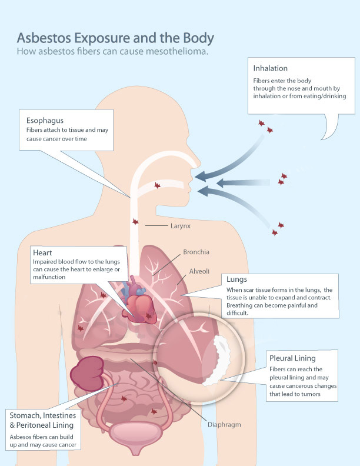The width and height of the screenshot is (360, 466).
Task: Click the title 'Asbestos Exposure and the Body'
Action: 115,38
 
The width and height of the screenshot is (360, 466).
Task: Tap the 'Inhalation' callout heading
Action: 271,68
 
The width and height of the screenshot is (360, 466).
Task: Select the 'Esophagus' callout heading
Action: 45,120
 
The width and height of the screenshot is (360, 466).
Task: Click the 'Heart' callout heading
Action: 43,252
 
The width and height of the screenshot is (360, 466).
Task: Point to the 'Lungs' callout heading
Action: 236,279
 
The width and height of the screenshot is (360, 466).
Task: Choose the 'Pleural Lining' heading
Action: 292,358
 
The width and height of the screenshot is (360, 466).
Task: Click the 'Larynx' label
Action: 181,225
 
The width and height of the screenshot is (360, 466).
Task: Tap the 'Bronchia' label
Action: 196,252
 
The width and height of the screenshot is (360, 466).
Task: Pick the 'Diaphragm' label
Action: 224,424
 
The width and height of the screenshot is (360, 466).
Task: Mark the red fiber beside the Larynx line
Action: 135,222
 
